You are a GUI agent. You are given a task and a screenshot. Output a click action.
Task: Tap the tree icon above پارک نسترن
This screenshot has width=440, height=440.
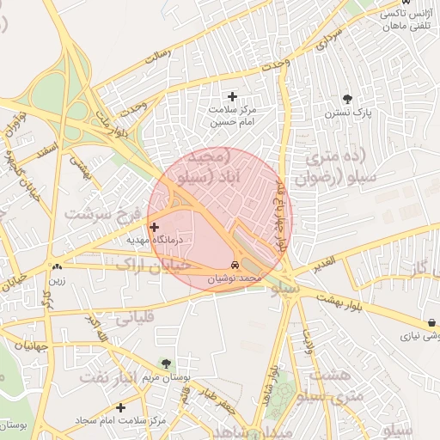pyautogui.click(x=347, y=99)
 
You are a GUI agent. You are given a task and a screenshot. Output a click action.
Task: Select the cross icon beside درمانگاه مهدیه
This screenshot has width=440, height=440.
pyautogui.click(x=155, y=228)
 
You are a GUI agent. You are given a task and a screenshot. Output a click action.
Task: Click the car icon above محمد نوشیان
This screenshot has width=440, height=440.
pyautogui.click(x=236, y=265)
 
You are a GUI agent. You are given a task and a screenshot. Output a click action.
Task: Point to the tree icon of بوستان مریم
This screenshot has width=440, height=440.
pyautogui.click(x=166, y=364)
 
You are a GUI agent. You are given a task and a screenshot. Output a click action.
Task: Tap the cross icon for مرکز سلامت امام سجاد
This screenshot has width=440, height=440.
pyautogui.click(x=120, y=407)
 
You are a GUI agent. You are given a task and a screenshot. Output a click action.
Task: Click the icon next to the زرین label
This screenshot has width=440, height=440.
pyautogui.click(x=57, y=266)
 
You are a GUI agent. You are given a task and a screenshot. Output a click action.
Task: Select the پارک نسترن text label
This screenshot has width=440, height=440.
pyautogui.click(x=346, y=113)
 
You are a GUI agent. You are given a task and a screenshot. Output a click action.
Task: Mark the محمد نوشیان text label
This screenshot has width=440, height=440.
pyautogui.click(x=238, y=279)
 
